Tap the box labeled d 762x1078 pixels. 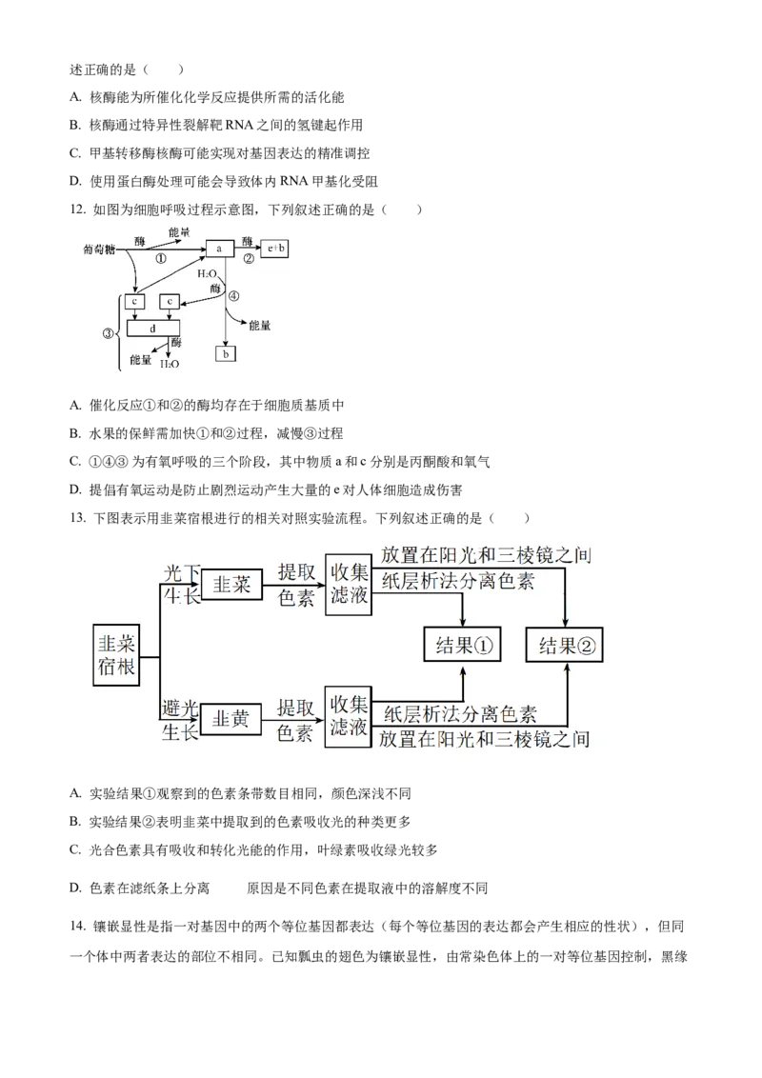pos(152,329)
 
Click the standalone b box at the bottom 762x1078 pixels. pos(226,354)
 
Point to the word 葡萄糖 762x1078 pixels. pos(98,250)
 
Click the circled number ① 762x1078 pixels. pos(160,258)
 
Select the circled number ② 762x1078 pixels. pos(249,258)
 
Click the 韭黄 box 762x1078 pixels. pos(231,720)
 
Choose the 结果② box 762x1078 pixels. pos(567,647)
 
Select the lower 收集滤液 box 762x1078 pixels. pos(348,717)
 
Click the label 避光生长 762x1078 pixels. pos(180,720)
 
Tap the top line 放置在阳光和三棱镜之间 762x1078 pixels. pos(484,555)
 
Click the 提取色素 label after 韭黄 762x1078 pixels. pos(295,720)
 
